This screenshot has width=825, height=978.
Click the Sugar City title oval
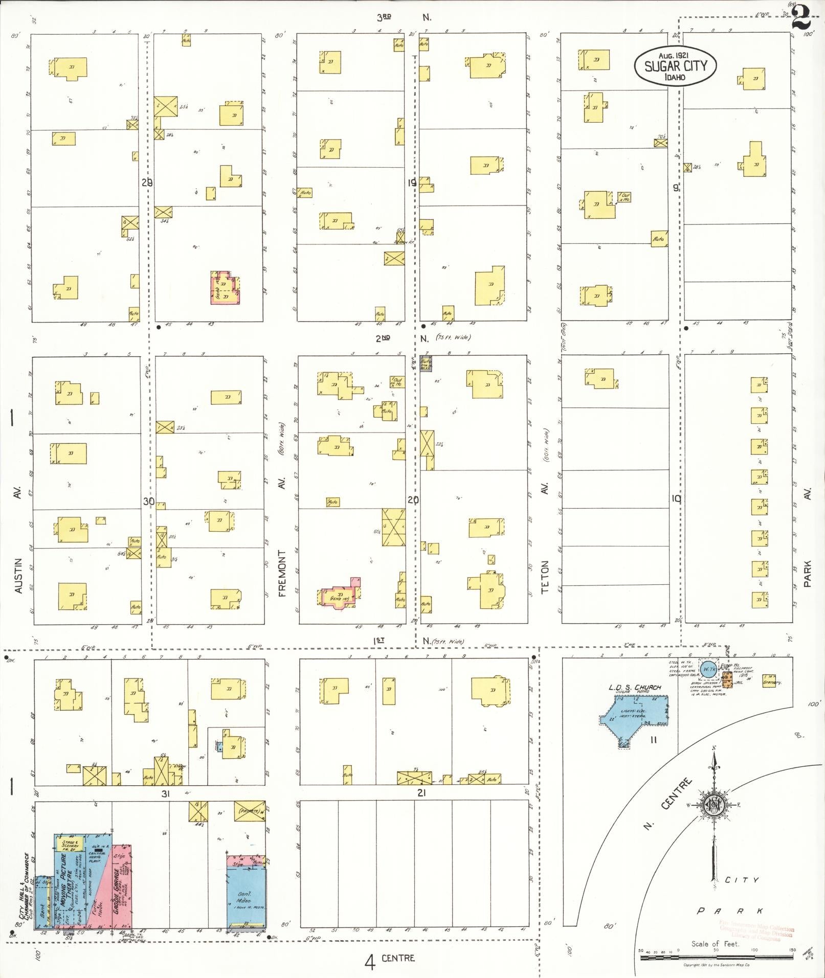coord(675,66)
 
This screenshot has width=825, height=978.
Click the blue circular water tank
coord(708,669)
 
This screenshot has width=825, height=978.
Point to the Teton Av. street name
coord(545,577)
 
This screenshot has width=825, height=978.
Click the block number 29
coord(147,183)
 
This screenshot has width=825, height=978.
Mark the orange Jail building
coord(730,679)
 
